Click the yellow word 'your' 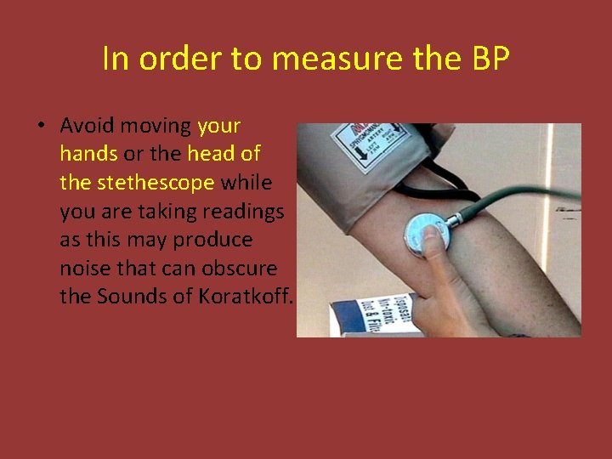click(218, 127)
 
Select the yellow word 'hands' click(89, 155)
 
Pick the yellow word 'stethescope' click(156, 183)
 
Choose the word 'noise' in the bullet click(84, 269)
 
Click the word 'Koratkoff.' click(246, 297)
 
